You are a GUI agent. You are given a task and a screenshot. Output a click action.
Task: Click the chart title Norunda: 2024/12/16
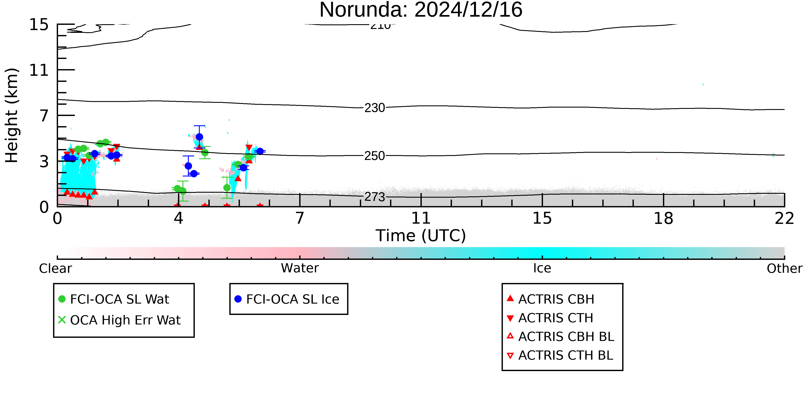421,10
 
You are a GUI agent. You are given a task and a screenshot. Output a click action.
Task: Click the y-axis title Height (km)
12,115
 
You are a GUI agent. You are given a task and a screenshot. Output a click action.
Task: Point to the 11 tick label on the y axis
39,70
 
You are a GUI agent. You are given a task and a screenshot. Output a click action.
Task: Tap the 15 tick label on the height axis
39,25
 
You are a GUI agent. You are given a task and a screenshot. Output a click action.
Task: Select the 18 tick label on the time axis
663,219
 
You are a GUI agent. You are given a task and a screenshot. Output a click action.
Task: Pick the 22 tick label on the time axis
784,219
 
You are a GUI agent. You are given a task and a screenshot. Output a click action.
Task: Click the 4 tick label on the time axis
178,219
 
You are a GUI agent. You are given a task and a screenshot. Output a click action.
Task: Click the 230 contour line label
375,108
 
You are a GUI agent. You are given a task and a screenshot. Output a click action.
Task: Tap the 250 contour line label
375,156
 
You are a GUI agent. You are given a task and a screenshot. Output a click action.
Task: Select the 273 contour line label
375,197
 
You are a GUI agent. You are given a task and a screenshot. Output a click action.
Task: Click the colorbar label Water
300,268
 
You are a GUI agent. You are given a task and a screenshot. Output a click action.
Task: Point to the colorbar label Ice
542,268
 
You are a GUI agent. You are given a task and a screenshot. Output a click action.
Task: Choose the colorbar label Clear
55,268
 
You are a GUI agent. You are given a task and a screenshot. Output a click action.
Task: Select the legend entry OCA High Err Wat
119,320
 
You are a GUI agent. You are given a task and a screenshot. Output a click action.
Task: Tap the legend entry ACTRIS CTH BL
560,355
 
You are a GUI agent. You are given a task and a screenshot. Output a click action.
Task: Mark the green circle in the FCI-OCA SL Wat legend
62,299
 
